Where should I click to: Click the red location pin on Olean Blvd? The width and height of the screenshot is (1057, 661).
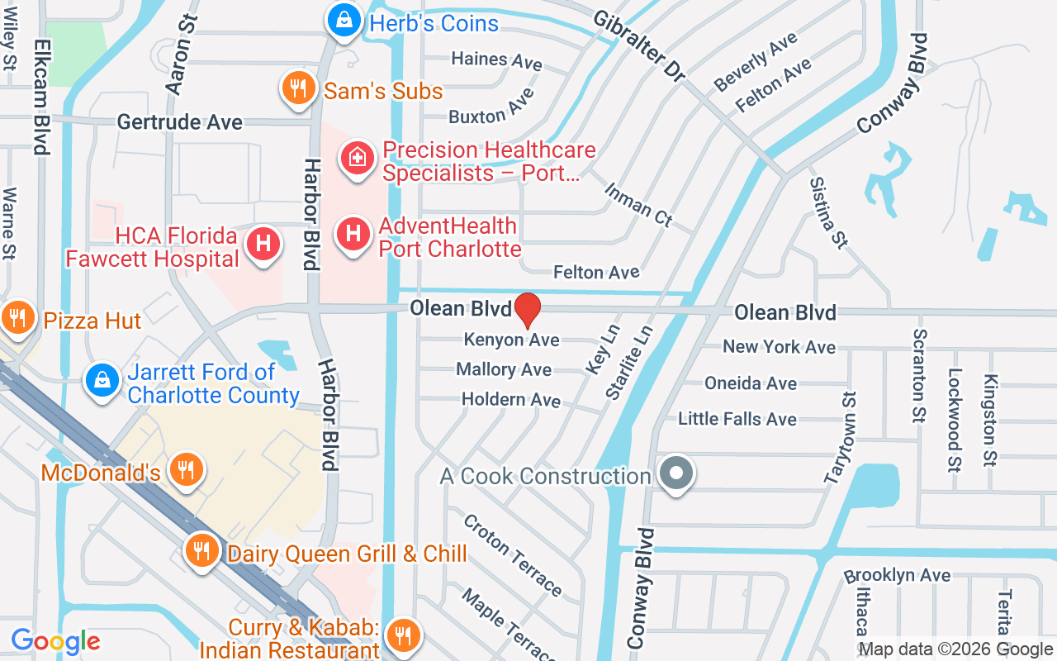[527, 310]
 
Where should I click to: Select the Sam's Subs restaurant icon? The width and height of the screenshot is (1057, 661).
[297, 88]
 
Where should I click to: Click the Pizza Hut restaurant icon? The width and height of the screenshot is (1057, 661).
[16, 317]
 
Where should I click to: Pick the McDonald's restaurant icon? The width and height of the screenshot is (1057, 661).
[186, 470]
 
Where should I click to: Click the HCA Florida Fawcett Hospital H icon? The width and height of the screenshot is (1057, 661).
[263, 244]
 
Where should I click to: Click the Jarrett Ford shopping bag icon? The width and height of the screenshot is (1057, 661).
[102, 381]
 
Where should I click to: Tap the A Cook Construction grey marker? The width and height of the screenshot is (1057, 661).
[677, 474]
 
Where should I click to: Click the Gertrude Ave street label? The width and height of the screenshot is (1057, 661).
[180, 122]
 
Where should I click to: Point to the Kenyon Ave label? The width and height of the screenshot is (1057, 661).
[512, 340]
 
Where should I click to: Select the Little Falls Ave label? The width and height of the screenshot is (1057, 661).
[737, 419]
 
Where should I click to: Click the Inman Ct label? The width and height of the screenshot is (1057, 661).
[638, 205]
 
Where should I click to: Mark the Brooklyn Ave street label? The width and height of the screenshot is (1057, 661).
[897, 575]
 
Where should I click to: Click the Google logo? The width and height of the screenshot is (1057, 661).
[55, 641]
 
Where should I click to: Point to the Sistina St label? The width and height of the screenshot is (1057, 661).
[828, 212]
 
